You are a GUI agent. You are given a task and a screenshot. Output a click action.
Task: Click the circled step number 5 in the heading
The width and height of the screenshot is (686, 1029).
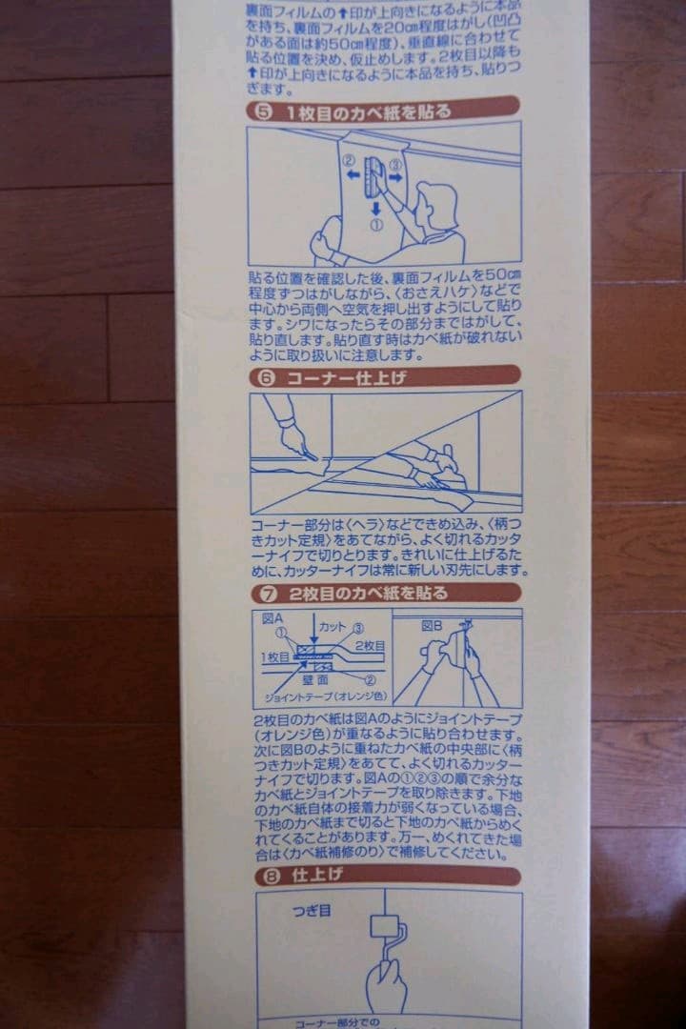(x=264, y=111)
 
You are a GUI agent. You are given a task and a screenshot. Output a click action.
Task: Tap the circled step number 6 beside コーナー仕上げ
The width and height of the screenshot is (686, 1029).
(x=267, y=378)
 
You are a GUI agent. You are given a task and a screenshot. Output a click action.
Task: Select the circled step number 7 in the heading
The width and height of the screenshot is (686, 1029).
(x=265, y=594)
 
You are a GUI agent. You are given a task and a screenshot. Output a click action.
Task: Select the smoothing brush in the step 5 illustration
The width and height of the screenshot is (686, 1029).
(x=373, y=175)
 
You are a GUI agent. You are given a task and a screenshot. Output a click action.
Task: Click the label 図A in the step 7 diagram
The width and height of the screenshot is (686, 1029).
(x=272, y=618)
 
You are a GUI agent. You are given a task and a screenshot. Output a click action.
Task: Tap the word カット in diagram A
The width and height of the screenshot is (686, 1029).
(x=333, y=626)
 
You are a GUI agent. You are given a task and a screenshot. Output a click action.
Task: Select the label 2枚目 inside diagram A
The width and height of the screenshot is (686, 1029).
(x=369, y=645)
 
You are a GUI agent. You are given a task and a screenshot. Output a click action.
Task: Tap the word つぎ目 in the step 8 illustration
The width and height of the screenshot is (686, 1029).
(x=313, y=911)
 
